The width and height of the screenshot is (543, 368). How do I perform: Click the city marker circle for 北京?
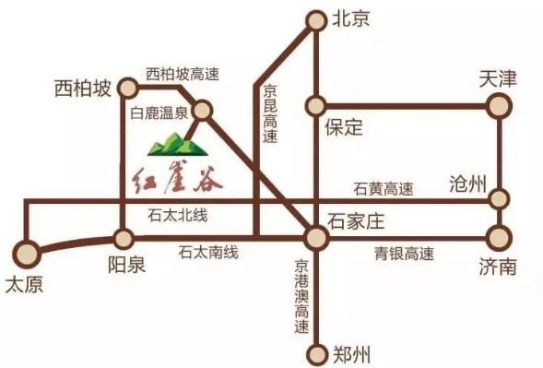click(315, 18)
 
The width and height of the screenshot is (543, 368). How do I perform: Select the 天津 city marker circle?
click(499, 106)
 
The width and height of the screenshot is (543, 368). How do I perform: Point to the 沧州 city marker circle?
click(499, 198)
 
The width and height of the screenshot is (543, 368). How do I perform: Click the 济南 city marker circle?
click(499, 237)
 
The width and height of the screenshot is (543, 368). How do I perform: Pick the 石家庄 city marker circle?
click(315, 239)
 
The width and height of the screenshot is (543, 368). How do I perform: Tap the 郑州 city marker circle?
click(315, 352)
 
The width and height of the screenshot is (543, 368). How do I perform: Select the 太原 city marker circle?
click(27, 251)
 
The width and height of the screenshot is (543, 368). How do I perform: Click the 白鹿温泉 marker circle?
click(204, 111)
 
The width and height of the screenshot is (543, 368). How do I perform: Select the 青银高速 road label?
click(404, 253)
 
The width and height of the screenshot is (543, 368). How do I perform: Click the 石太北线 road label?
click(178, 216)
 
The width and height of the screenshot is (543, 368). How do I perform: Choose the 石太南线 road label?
click(208, 252)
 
